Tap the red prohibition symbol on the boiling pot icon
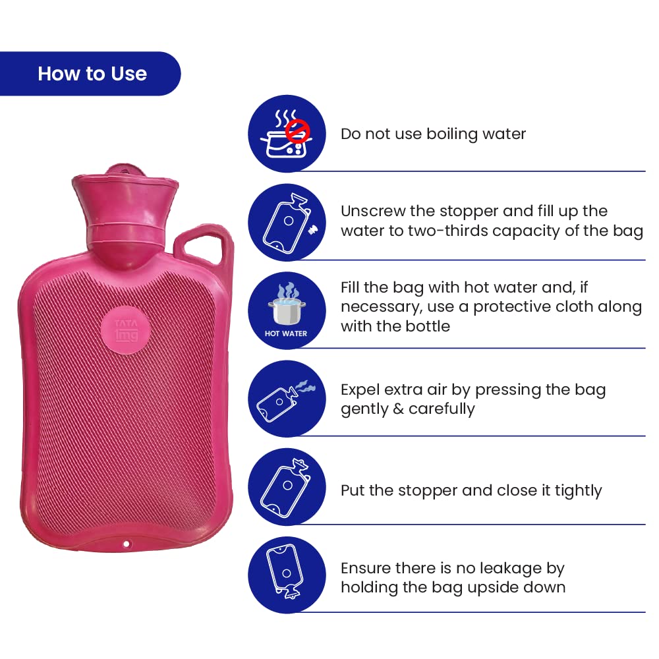coord(298,130)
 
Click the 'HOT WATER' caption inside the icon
coord(286,333)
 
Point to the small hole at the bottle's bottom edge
coord(127,544)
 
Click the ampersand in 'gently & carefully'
coord(397,409)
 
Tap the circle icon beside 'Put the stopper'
coord(287,486)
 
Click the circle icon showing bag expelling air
coord(287,399)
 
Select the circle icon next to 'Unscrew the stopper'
coord(287,222)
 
